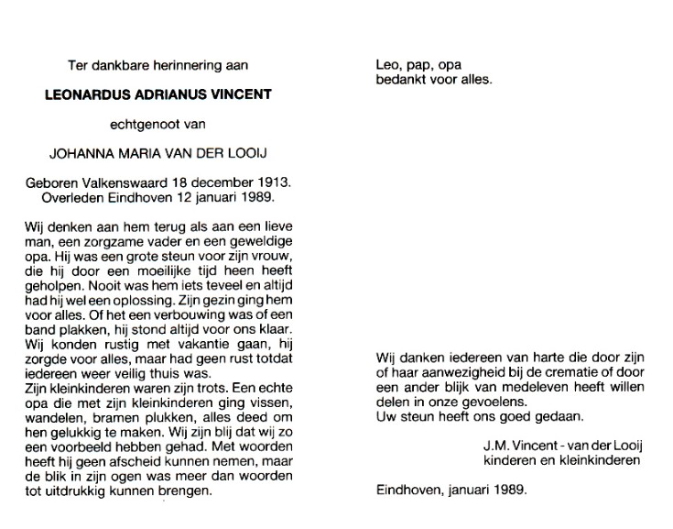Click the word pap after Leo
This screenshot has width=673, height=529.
415,65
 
